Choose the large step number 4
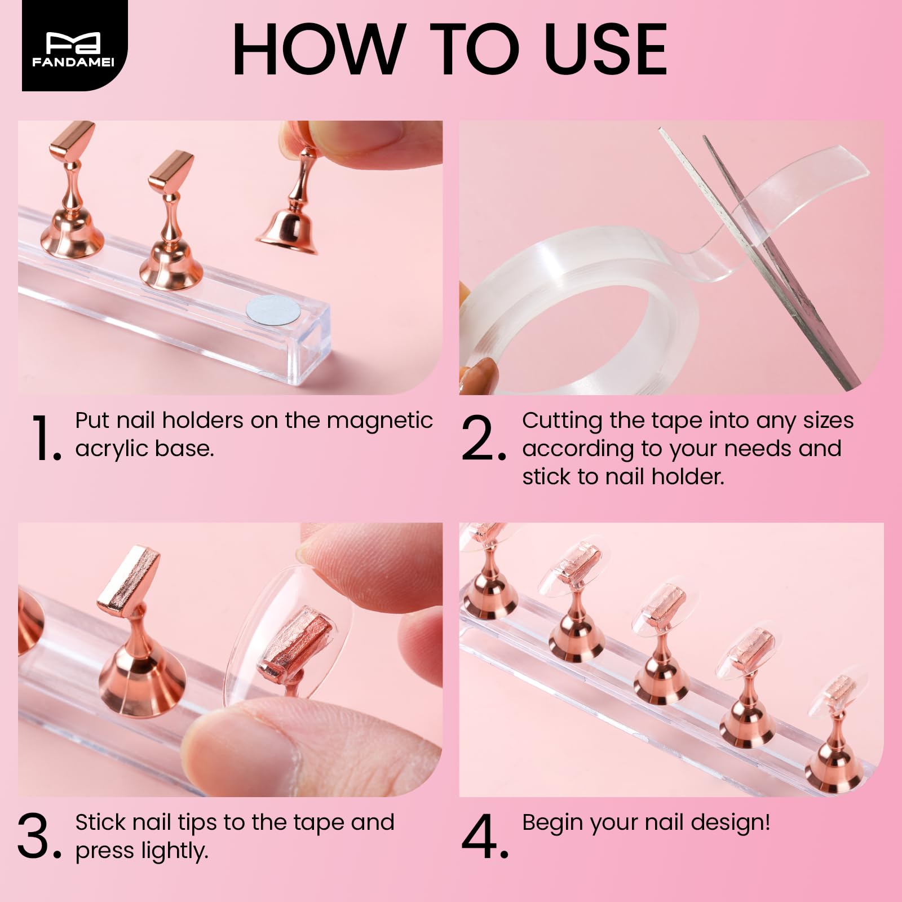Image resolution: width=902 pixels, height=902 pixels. tap(484, 838)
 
